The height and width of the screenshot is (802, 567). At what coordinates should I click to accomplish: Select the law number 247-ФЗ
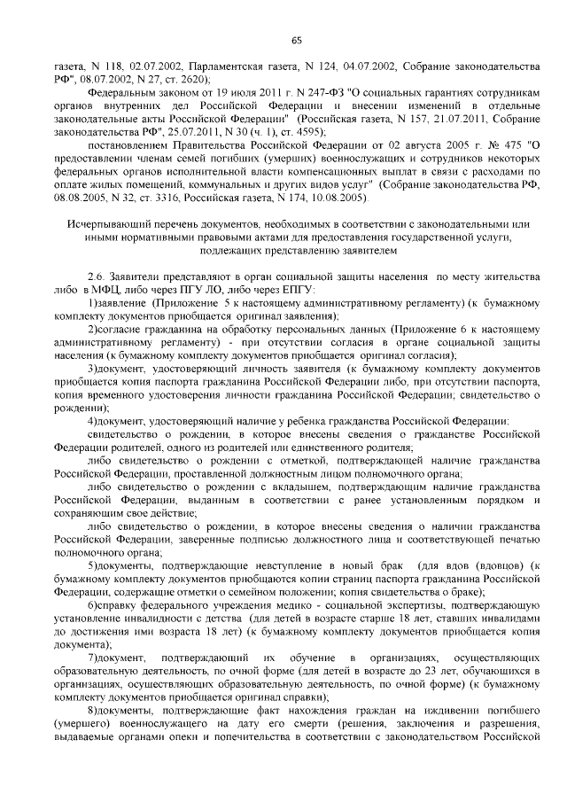[x=268, y=91]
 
